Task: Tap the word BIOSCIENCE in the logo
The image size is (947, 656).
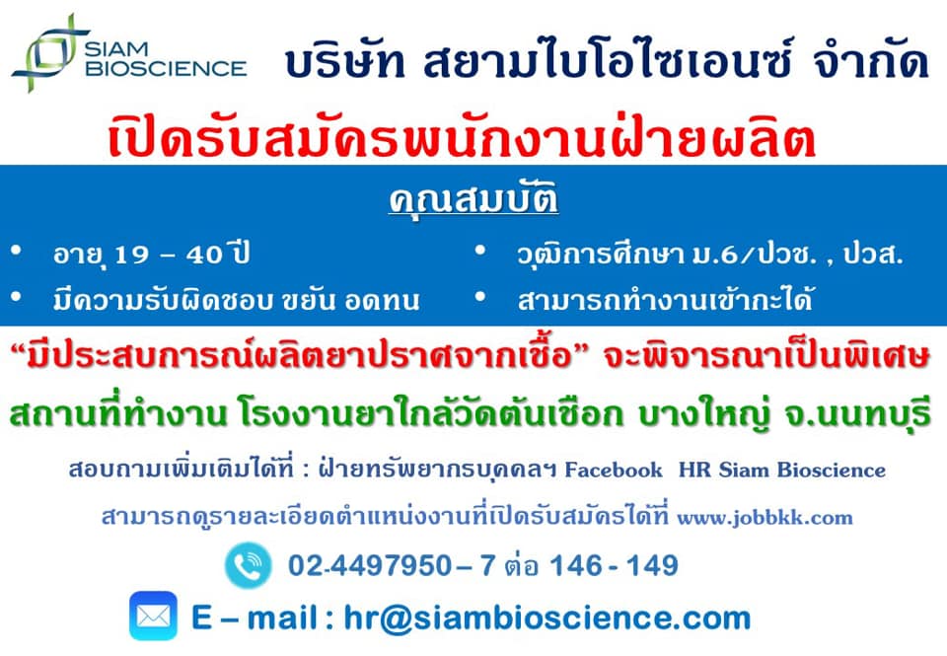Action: coord(166,68)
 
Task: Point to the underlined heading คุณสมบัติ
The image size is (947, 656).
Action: coord(473,198)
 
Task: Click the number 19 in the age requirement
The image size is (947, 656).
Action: coord(131,255)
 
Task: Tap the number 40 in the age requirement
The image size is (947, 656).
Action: coord(204,255)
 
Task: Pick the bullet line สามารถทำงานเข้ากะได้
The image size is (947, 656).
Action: coord(665,300)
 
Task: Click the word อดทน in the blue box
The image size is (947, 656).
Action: coord(383,300)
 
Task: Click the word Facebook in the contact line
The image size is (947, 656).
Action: coord(613,470)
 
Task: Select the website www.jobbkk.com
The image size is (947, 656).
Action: coord(765,518)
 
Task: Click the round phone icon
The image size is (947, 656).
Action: coord(249,565)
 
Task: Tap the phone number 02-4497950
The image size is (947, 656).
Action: coord(370,566)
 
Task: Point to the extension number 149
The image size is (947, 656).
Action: coord(652,566)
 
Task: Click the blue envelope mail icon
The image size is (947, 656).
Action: coord(154,616)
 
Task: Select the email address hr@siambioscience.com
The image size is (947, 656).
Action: coord(547,618)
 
